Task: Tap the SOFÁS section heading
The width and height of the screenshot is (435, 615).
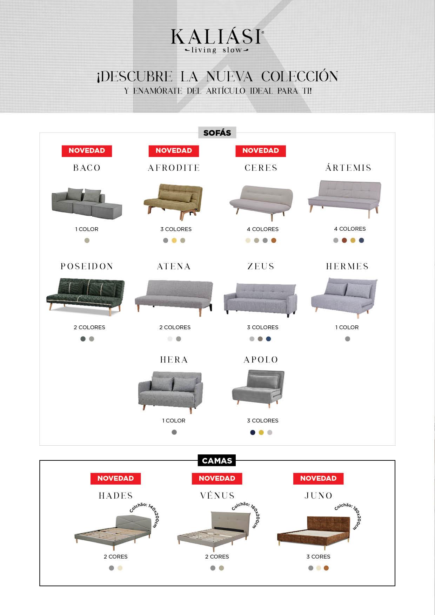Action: click(217, 133)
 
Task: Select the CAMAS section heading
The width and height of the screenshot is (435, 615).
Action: click(217, 461)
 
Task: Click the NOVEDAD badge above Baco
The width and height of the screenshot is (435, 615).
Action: click(87, 151)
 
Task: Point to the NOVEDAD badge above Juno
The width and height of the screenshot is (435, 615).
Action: click(318, 479)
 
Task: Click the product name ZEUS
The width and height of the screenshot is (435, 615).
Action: click(261, 266)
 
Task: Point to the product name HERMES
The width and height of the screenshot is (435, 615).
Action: click(347, 266)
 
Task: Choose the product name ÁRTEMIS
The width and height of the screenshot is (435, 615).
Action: click(348, 168)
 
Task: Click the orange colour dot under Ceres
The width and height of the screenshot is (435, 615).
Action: click(274, 241)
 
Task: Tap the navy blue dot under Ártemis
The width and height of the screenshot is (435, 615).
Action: click(361, 240)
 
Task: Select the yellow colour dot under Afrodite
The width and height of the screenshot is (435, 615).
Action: click(174, 241)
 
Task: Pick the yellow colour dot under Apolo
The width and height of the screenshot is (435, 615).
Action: click(261, 432)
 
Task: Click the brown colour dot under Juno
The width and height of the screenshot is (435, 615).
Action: click(326, 568)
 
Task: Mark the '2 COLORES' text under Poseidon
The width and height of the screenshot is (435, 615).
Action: click(89, 327)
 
